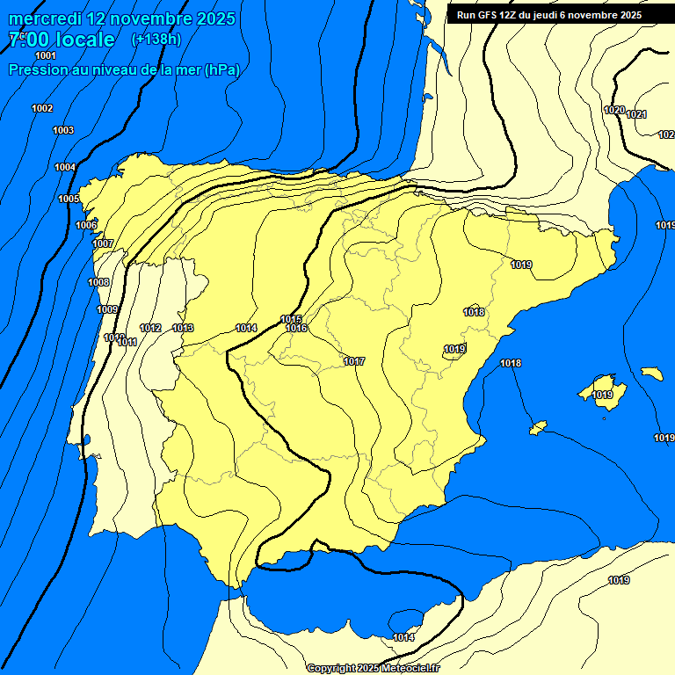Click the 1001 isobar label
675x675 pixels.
[46, 55]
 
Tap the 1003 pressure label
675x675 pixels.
[63, 130]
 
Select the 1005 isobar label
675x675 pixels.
[69, 199]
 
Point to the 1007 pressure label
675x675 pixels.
[103, 243]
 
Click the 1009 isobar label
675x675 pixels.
[107, 309]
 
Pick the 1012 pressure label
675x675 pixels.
[150, 328]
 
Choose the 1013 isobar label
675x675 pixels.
[183, 328]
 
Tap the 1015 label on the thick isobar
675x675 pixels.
[292, 319]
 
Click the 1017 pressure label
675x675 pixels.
[354, 361]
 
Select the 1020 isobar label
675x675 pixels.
[614, 110]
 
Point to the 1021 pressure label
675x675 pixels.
[636, 114]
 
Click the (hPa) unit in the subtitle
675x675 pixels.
[221, 69]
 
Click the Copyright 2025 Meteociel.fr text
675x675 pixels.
[373, 668]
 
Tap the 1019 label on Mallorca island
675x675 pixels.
[602, 395]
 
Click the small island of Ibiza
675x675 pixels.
[538, 427]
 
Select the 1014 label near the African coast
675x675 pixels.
[403, 637]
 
